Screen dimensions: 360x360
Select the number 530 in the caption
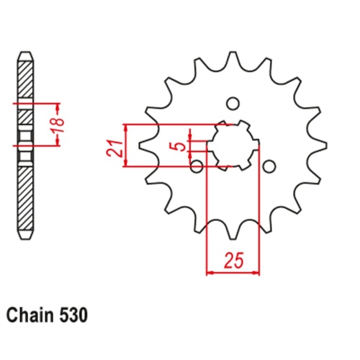click(x=74, y=315)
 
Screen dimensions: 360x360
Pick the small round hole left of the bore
click(x=197, y=167)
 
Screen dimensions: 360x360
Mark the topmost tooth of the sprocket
click(x=232, y=59)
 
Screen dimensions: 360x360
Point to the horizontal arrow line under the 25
click(x=233, y=273)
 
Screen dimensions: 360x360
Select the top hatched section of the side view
click(x=25, y=79)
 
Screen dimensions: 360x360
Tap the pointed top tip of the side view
click(x=25, y=54)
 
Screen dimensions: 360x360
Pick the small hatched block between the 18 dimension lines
click(x=25, y=115)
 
